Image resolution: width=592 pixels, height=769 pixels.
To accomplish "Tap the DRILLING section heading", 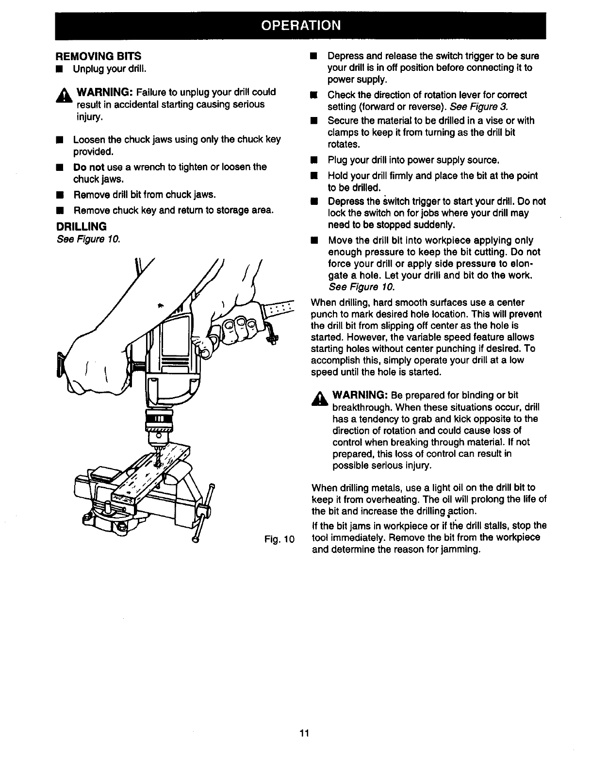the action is [x=82, y=226].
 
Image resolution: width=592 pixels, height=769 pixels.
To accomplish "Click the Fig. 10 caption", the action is [x=280, y=539].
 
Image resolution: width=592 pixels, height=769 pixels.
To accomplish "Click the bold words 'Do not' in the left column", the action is [x=89, y=167].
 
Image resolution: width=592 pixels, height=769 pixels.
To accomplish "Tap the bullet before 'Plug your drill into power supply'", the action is [x=314, y=160].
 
